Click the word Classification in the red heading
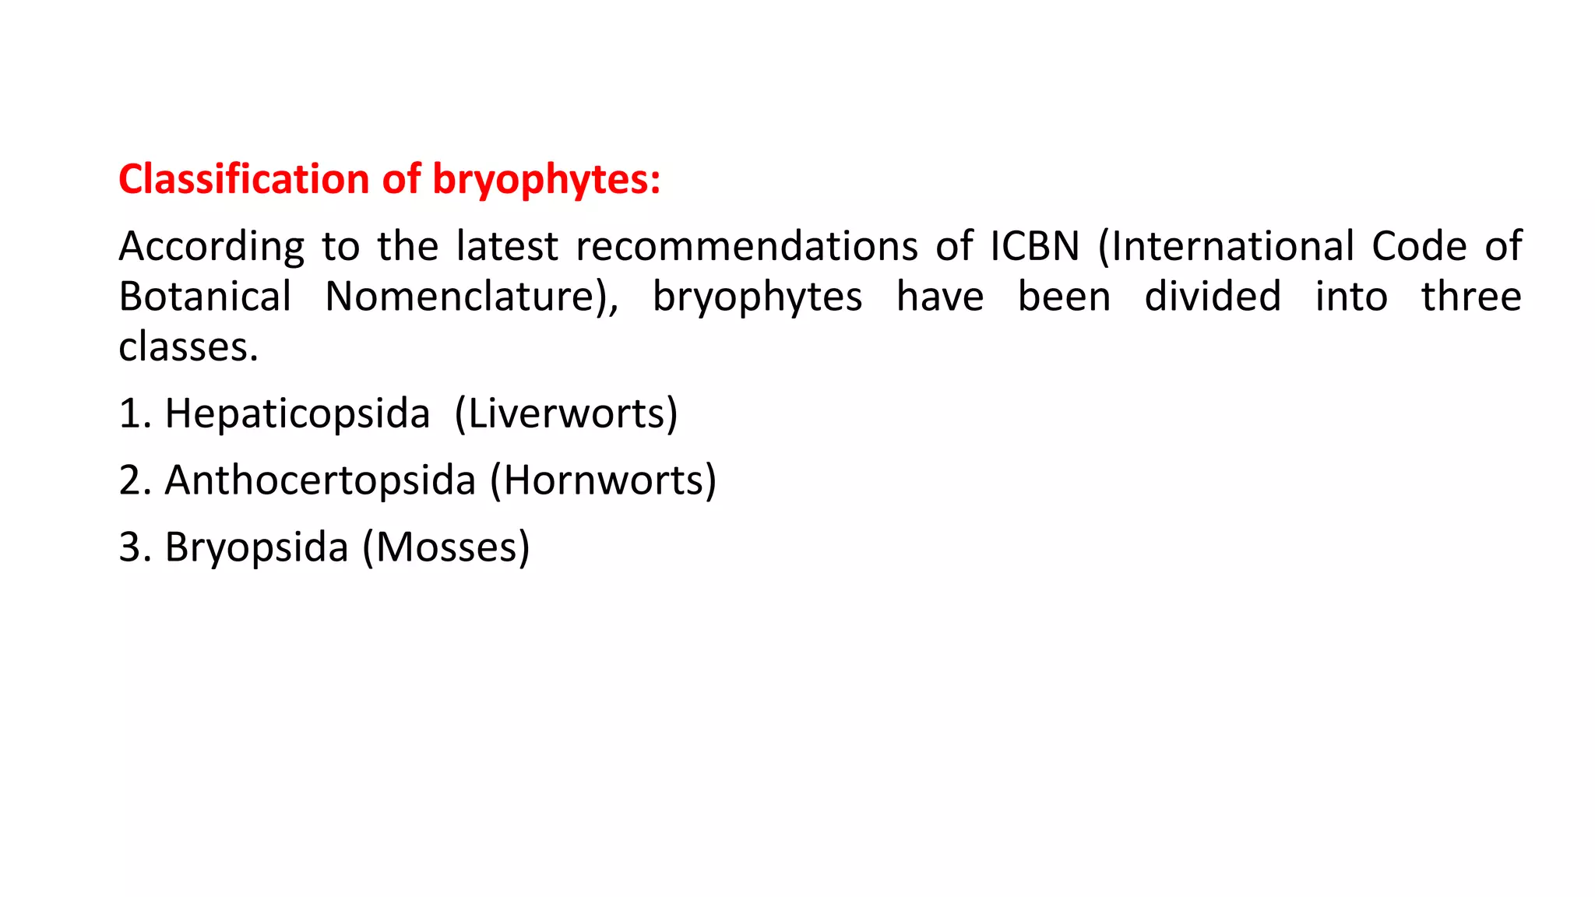[x=243, y=179]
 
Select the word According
[x=211, y=248]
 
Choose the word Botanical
[x=205, y=297]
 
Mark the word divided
[x=1212, y=297]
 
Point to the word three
[x=1471, y=297]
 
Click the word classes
[x=188, y=347]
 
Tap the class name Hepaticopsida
[x=297, y=414]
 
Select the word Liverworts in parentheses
[x=566, y=413]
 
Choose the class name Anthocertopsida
[x=320, y=481]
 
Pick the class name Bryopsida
[x=256, y=548]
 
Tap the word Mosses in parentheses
[x=446, y=547]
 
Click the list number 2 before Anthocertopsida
[x=129, y=480]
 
